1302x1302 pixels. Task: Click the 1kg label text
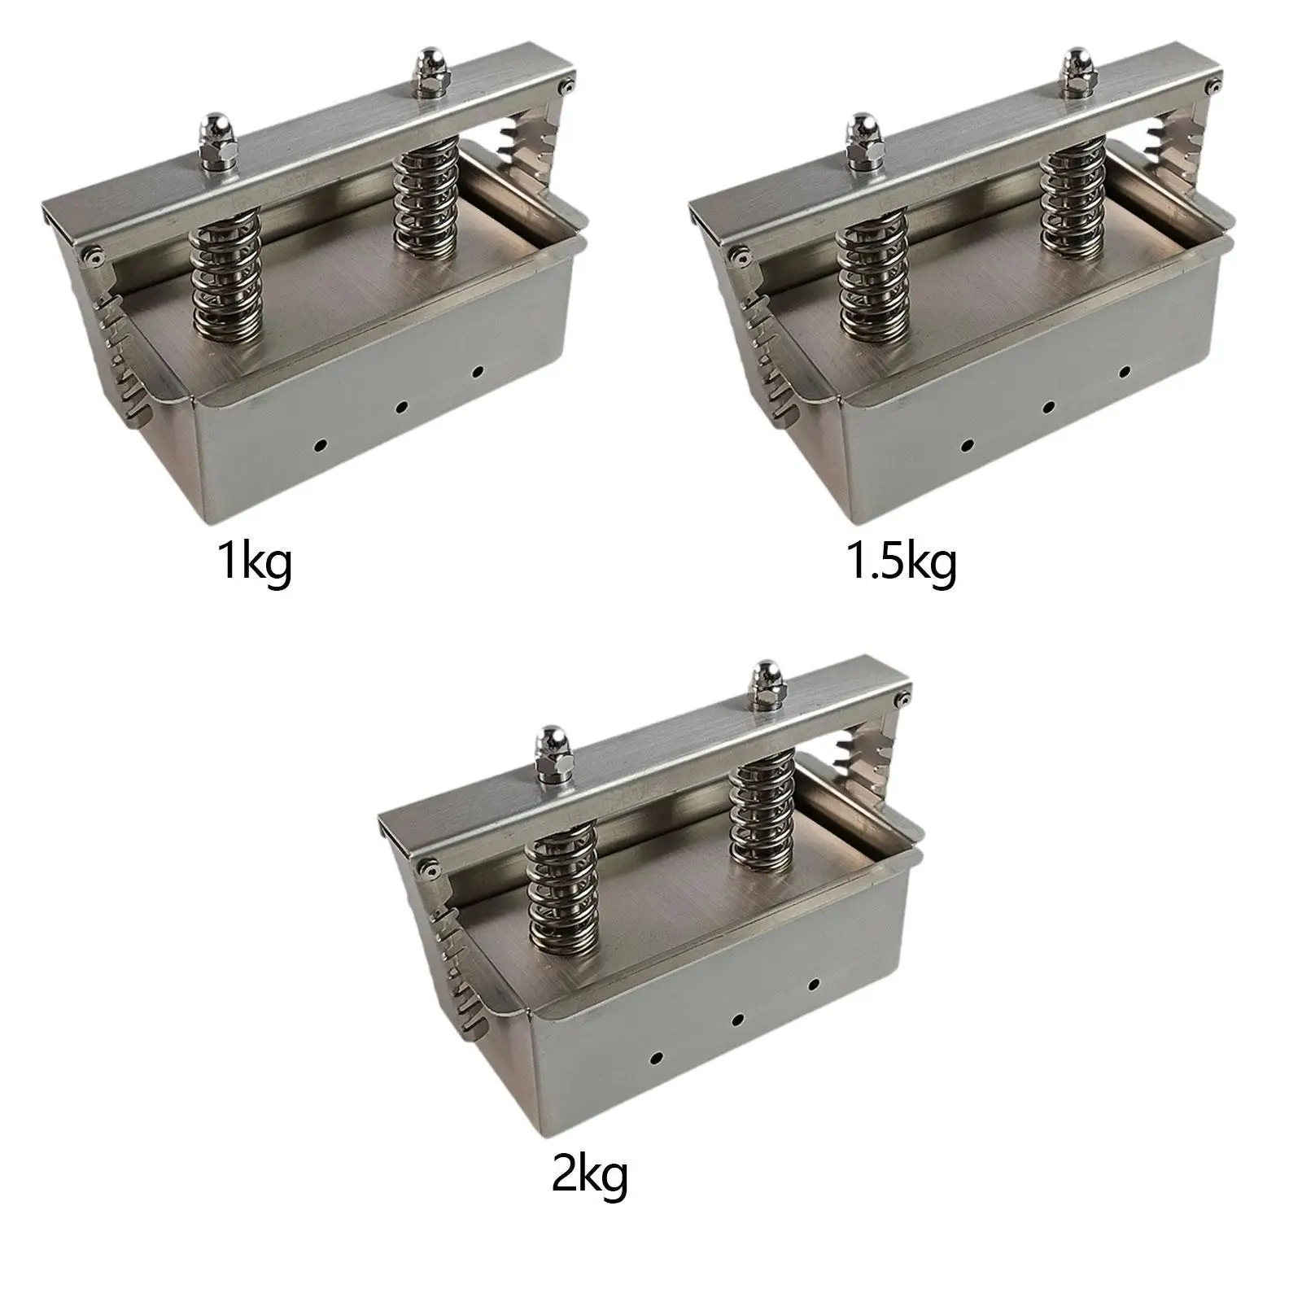pyautogui.click(x=254, y=563)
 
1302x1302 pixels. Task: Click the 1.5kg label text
pyautogui.click(x=902, y=563)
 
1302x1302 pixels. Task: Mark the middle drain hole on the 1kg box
pyautogui.click(x=400, y=407)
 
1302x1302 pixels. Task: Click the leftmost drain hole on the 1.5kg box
pyautogui.click(x=968, y=446)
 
